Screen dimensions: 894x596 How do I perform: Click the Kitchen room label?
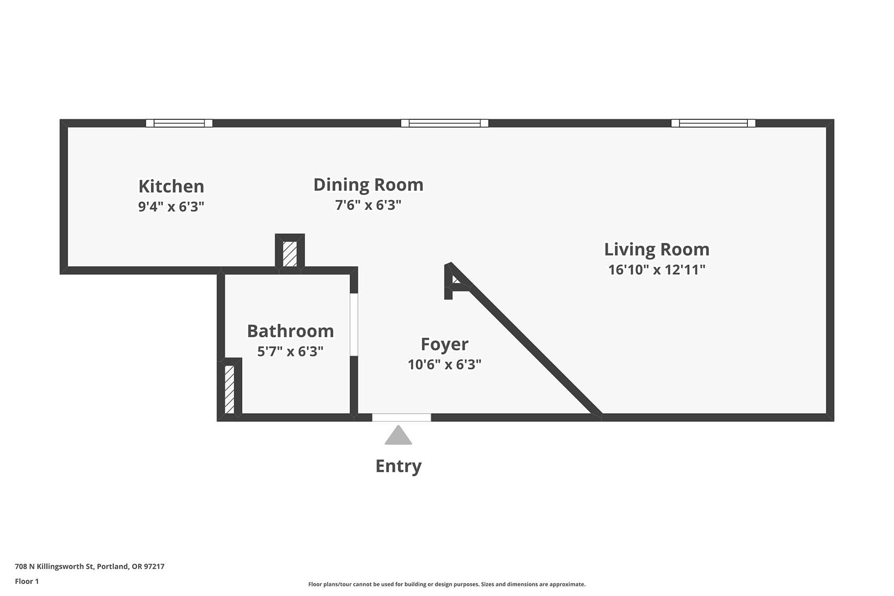[171, 186]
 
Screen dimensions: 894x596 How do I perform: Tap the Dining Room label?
[369, 185]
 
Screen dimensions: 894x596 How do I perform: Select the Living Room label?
[657, 249]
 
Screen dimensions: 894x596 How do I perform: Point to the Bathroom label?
[291, 331]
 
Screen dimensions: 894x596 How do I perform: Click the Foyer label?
[445, 344]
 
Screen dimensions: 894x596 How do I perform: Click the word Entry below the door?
[398, 466]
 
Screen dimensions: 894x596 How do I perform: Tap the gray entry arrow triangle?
[398, 435]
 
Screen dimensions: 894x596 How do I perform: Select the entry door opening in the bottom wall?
[401, 417]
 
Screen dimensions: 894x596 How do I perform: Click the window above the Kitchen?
[179, 123]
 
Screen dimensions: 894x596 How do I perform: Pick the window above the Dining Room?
[445, 123]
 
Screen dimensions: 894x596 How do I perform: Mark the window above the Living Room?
[713, 123]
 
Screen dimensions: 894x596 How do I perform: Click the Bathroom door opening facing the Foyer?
[354, 325]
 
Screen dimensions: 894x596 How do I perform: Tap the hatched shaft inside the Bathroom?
[229, 389]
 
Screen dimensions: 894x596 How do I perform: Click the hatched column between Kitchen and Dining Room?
[290, 254]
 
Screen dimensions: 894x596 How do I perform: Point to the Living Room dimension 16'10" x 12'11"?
[657, 270]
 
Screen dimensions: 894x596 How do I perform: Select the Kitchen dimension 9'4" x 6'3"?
[171, 206]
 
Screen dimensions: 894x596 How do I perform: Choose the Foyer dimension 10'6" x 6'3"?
[445, 365]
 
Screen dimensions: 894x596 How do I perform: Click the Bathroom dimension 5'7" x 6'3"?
[291, 351]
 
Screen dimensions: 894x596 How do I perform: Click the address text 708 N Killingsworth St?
[55, 566]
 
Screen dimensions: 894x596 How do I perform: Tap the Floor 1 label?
[27, 581]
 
